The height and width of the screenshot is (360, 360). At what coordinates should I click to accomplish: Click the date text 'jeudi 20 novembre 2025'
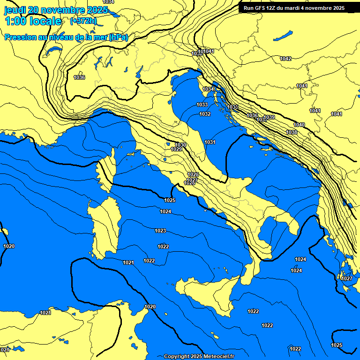56,10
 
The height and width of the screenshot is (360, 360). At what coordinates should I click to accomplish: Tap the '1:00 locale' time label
33,21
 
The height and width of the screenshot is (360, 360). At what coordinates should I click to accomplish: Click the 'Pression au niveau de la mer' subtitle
66,37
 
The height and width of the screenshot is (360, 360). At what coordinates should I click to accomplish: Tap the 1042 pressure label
285,59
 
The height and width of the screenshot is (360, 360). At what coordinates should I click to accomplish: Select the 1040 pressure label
299,125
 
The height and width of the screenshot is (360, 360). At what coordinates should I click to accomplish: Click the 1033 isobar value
202,105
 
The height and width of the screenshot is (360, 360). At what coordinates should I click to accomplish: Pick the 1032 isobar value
205,114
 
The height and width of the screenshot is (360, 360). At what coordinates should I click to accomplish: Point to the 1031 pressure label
210,142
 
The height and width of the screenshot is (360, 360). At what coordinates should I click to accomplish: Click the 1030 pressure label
180,145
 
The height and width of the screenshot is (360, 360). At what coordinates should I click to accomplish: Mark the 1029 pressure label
176,149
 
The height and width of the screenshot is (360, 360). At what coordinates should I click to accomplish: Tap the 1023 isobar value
160,231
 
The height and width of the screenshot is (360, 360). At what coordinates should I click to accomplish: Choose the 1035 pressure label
233,107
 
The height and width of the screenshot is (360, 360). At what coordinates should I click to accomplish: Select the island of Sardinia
104,227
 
